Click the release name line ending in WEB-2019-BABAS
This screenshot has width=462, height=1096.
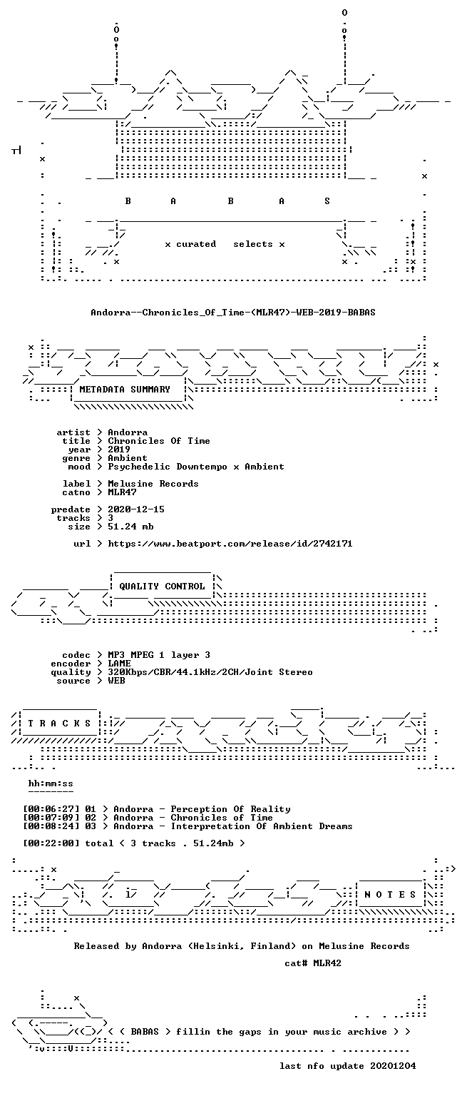point(233,312)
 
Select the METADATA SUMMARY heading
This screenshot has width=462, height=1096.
point(125,390)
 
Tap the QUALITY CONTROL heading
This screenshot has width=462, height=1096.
point(162,586)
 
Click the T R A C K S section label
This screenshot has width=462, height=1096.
point(60,723)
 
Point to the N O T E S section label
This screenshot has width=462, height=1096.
point(390,894)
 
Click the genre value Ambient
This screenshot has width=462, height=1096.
point(128,459)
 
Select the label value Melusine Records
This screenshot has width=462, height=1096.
point(153,484)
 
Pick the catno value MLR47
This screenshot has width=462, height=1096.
point(122,492)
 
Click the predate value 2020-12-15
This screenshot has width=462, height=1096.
point(136,509)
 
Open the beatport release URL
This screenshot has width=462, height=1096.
point(230,544)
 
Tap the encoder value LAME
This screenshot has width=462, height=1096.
point(119,664)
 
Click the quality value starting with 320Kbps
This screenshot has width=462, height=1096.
point(210,672)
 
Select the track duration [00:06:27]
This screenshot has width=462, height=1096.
point(51,809)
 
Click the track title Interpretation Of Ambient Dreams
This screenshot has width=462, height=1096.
point(262,826)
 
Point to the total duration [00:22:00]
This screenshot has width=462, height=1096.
point(51,843)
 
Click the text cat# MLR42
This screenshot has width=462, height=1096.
point(313,963)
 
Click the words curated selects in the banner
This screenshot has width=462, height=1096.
point(225,244)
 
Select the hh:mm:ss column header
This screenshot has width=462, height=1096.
point(51,784)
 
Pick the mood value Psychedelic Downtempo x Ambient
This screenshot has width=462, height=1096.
point(196,467)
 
